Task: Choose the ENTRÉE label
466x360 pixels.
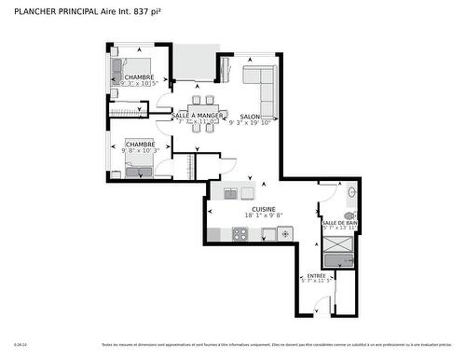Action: pyautogui.click(x=318, y=275)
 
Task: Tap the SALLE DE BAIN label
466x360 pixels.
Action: pyautogui.click(x=338, y=223)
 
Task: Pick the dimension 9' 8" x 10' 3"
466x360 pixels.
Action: pyautogui.click(x=140, y=150)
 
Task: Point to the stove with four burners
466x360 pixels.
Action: pyautogui.click(x=240, y=234)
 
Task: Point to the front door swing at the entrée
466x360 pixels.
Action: pyautogui.click(x=321, y=306)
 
